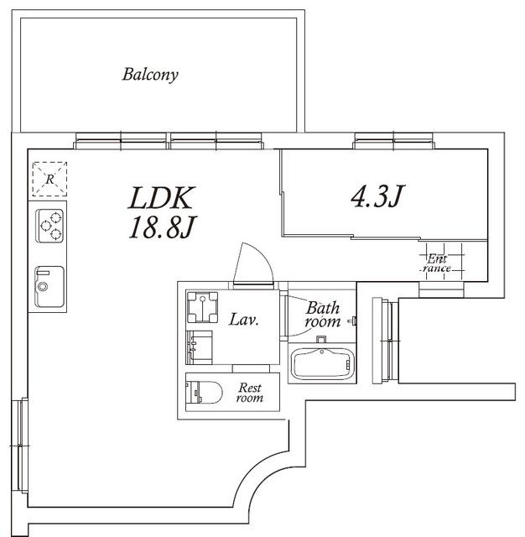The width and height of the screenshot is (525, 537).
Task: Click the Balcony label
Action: [x=150, y=75]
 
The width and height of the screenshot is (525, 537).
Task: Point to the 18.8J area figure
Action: [x=162, y=227]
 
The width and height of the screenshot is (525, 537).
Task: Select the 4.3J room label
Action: [x=378, y=196]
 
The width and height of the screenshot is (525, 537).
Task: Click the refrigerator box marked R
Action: [x=49, y=179]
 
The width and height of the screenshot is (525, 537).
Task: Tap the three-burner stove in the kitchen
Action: [x=50, y=226]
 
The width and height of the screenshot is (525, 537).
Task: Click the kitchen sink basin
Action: [x=49, y=287]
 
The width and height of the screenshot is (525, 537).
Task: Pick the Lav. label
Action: [x=243, y=320]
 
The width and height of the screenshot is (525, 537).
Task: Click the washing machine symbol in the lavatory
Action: [x=202, y=307]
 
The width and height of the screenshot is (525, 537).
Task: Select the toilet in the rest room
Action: [x=204, y=392]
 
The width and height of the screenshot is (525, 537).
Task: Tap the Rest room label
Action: [x=250, y=393]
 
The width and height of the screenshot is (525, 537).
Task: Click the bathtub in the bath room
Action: [x=321, y=364]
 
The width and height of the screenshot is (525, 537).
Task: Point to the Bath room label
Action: [x=323, y=315]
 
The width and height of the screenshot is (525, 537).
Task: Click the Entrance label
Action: [x=436, y=263]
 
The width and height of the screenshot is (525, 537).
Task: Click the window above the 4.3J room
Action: [x=394, y=141]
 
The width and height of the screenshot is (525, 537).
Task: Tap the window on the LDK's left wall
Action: [x=21, y=445]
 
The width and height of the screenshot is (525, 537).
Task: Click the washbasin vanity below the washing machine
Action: [x=200, y=347]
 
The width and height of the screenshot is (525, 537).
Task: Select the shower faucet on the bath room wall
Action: [x=352, y=321]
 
